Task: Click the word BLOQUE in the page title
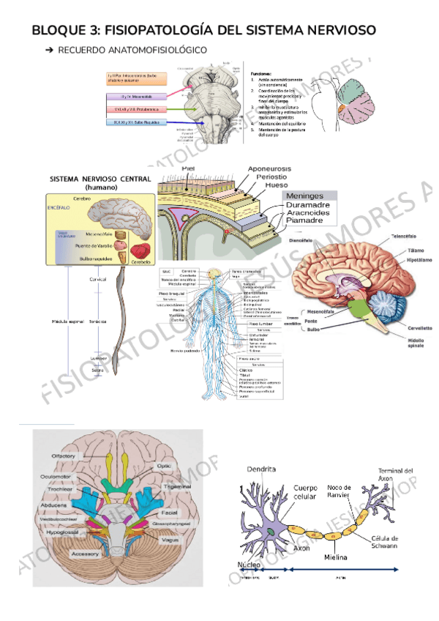(x=57, y=30)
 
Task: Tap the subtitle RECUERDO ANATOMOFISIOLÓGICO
(x=132, y=50)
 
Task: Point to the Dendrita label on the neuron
(x=261, y=468)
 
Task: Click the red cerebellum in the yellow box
(x=140, y=251)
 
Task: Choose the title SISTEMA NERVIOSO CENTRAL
(x=100, y=179)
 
